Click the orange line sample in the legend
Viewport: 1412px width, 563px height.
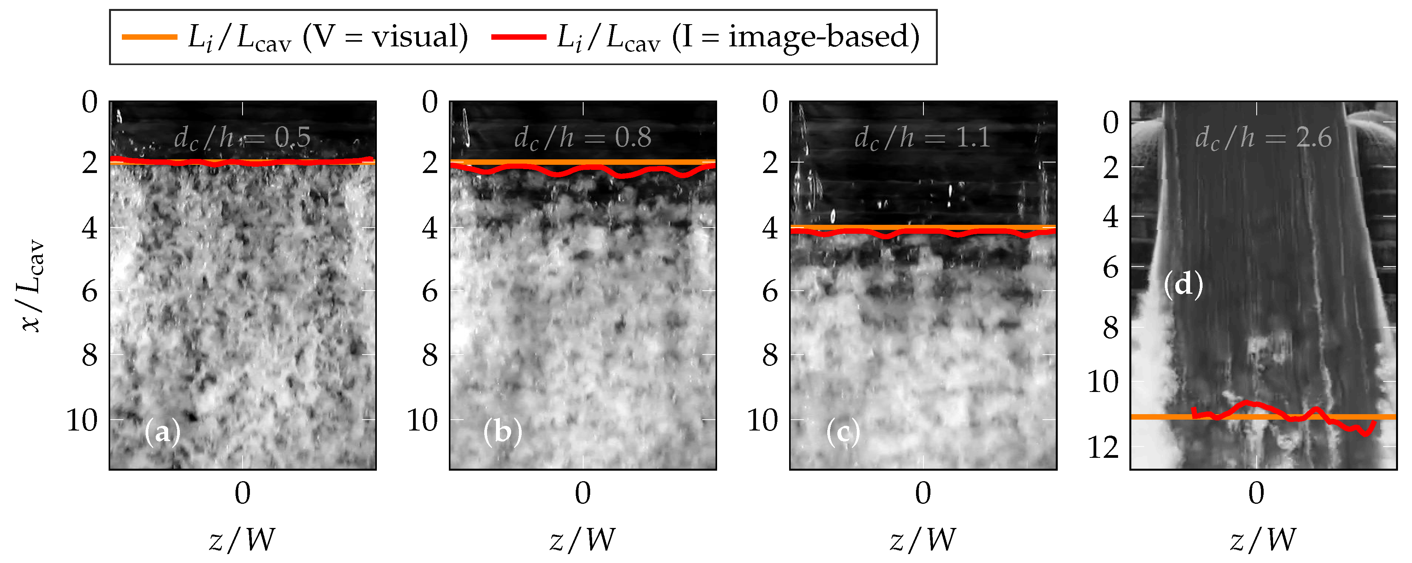149,37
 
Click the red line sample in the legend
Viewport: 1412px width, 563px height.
519,37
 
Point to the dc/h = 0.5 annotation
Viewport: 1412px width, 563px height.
242,138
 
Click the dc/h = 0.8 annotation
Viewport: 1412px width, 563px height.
583,138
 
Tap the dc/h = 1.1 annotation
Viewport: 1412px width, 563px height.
923,138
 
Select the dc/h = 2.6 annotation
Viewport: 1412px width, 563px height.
1263,138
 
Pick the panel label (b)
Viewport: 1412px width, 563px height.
502,431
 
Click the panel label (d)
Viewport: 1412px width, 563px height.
1183,284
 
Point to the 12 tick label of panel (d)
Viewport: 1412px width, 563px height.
1103,448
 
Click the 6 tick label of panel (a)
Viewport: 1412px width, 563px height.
90,291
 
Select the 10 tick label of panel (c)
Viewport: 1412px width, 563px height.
763,420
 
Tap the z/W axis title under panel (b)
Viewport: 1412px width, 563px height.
583,539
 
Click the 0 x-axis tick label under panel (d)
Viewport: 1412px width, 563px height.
1256,493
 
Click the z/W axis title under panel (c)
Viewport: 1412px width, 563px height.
923,539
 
